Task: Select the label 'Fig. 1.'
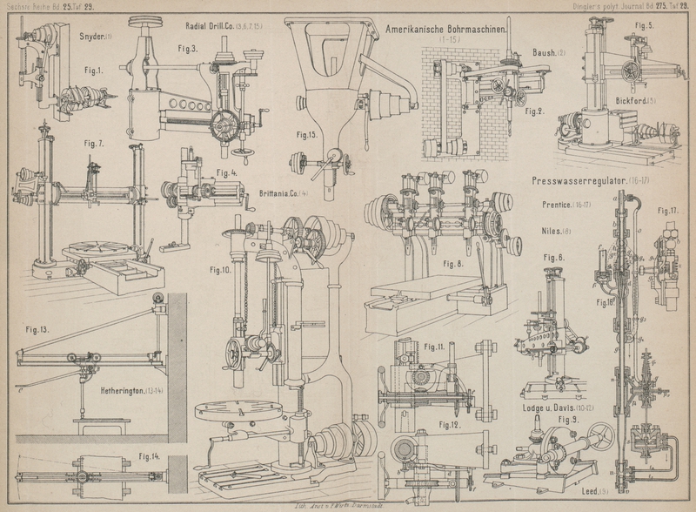(x=94, y=68)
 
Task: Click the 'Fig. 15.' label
(x=306, y=135)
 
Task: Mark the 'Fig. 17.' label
(x=668, y=211)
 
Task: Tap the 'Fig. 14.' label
(x=149, y=455)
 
